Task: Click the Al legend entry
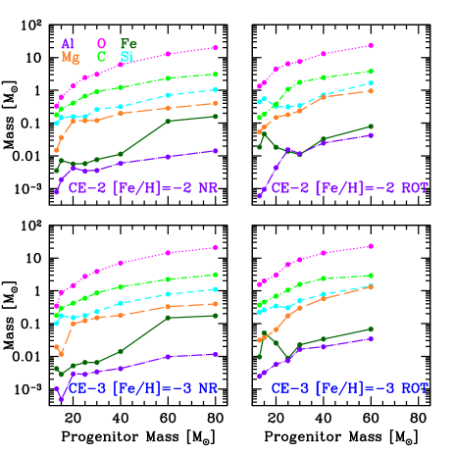tap(67, 44)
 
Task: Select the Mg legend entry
tap(71, 58)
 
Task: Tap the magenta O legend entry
tap(101, 44)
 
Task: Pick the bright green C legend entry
tap(101, 58)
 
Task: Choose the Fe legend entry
tap(127, 44)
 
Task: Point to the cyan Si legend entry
tap(127, 58)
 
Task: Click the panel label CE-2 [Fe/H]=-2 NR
tap(143, 187)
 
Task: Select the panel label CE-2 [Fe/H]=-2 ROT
tap(350, 187)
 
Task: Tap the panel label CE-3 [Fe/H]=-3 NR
tap(143, 388)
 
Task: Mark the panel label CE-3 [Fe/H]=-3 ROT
tap(350, 388)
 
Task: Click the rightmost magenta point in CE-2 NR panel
tap(216, 47)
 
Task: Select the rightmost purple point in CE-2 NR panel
tap(216, 151)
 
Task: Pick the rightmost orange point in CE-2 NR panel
tap(216, 103)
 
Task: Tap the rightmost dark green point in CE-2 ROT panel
tap(371, 126)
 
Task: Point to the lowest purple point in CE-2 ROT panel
tap(260, 195)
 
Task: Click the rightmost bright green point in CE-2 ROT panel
tap(371, 72)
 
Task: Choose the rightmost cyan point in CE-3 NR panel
tap(216, 289)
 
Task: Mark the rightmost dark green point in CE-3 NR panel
tap(216, 316)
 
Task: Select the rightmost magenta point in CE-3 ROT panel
tap(371, 246)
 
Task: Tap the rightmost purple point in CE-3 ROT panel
tap(371, 338)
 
